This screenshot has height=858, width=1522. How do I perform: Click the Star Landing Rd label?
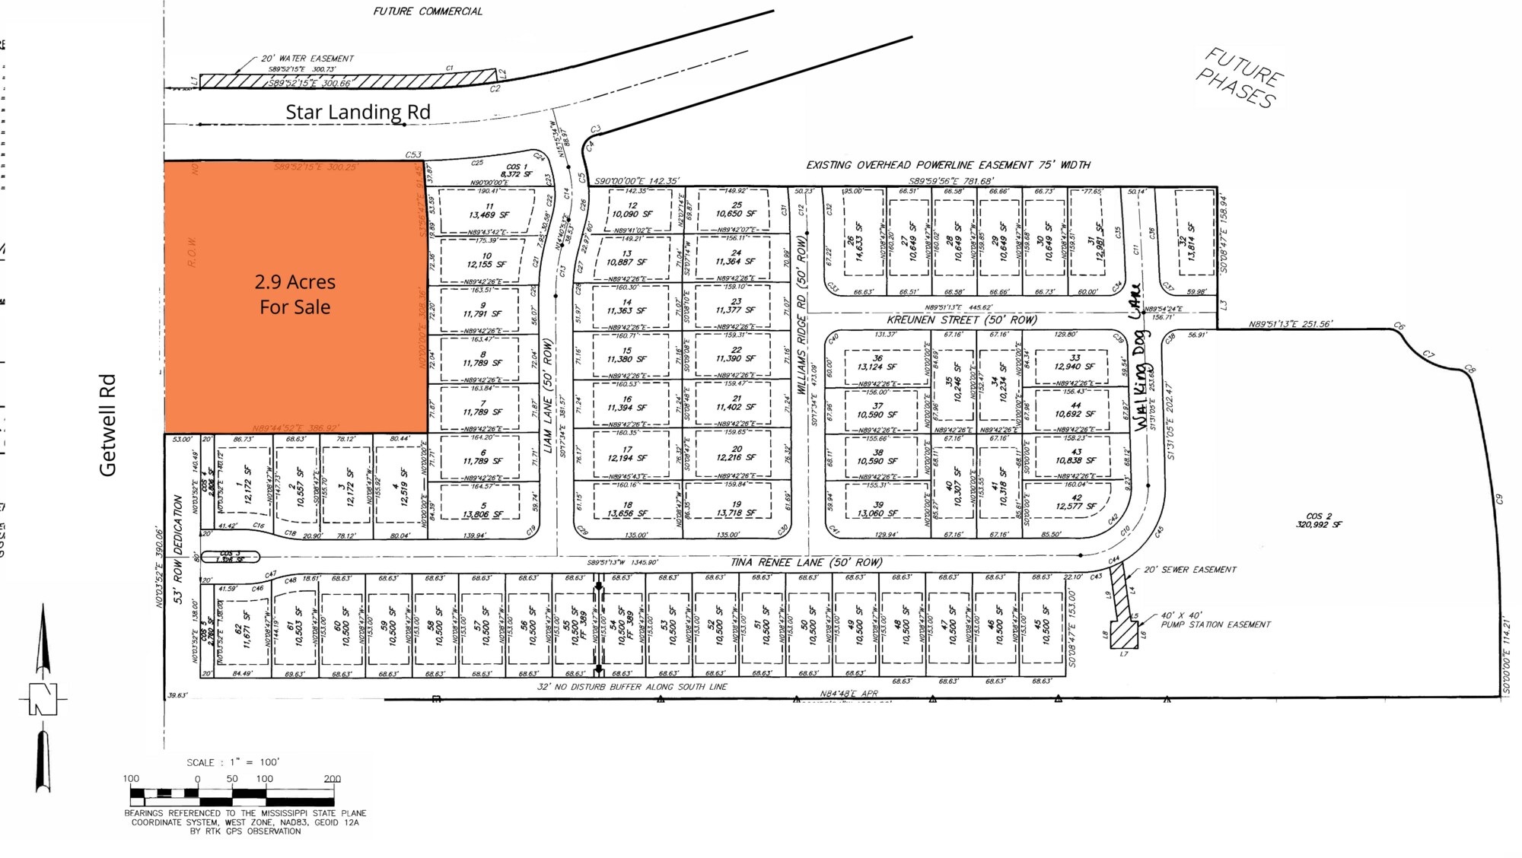point(358,112)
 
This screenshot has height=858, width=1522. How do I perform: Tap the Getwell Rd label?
point(108,425)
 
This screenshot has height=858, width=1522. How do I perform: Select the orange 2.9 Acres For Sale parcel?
point(295,295)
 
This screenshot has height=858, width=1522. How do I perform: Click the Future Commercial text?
point(428,11)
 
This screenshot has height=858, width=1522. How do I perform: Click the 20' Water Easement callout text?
point(307,59)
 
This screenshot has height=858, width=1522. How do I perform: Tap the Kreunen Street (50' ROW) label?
point(962,320)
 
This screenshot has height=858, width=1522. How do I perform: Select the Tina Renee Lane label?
point(806,563)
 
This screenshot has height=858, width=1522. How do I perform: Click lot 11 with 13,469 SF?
point(489,211)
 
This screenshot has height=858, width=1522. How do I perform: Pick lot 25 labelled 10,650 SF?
point(736,209)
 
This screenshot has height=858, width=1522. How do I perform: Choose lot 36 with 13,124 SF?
point(877,363)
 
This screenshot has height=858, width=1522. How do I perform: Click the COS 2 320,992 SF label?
point(1319,520)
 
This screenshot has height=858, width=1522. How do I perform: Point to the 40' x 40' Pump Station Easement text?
point(1215,620)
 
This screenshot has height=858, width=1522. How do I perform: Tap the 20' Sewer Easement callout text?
point(1190,570)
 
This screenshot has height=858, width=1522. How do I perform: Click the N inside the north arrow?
point(43,699)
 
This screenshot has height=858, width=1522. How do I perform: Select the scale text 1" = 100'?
point(233,762)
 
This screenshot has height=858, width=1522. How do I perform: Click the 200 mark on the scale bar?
point(332,779)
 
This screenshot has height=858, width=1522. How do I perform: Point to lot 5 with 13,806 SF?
point(482,510)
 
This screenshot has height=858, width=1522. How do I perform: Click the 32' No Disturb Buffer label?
point(632,687)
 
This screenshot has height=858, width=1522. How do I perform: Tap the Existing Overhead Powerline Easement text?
point(948,165)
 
